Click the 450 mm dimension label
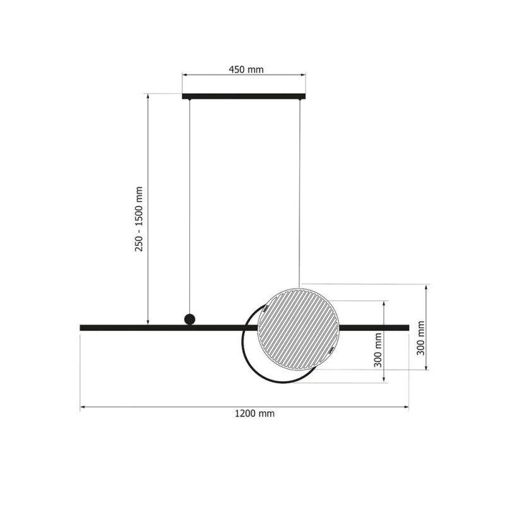tap(246, 69)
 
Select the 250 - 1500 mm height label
tap(139, 219)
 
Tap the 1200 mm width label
tap(254, 413)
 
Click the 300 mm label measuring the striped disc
tap(420, 338)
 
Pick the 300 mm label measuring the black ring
tap(377, 350)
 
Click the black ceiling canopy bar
tap(244, 97)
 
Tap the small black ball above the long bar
tap(190, 319)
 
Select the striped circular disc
tap(299, 329)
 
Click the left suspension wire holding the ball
tap(190, 206)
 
